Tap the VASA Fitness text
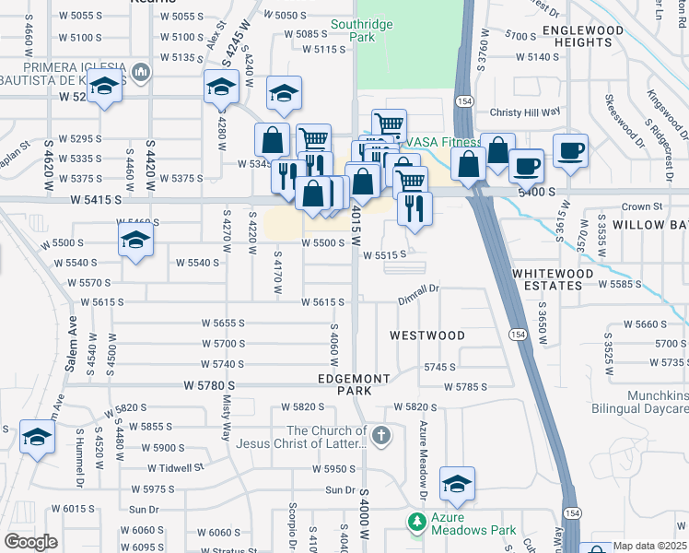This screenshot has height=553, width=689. [x=443, y=143]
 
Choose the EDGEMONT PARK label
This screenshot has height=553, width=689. [x=355, y=384]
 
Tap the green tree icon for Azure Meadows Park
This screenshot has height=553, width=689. [x=416, y=522]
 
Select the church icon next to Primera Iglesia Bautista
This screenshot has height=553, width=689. [x=141, y=72]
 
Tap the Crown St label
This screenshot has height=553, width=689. [x=643, y=207]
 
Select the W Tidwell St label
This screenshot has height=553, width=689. [x=172, y=468]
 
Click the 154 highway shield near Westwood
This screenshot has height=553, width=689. [x=519, y=335]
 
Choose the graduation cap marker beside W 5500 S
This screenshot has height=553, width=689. [x=135, y=241]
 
